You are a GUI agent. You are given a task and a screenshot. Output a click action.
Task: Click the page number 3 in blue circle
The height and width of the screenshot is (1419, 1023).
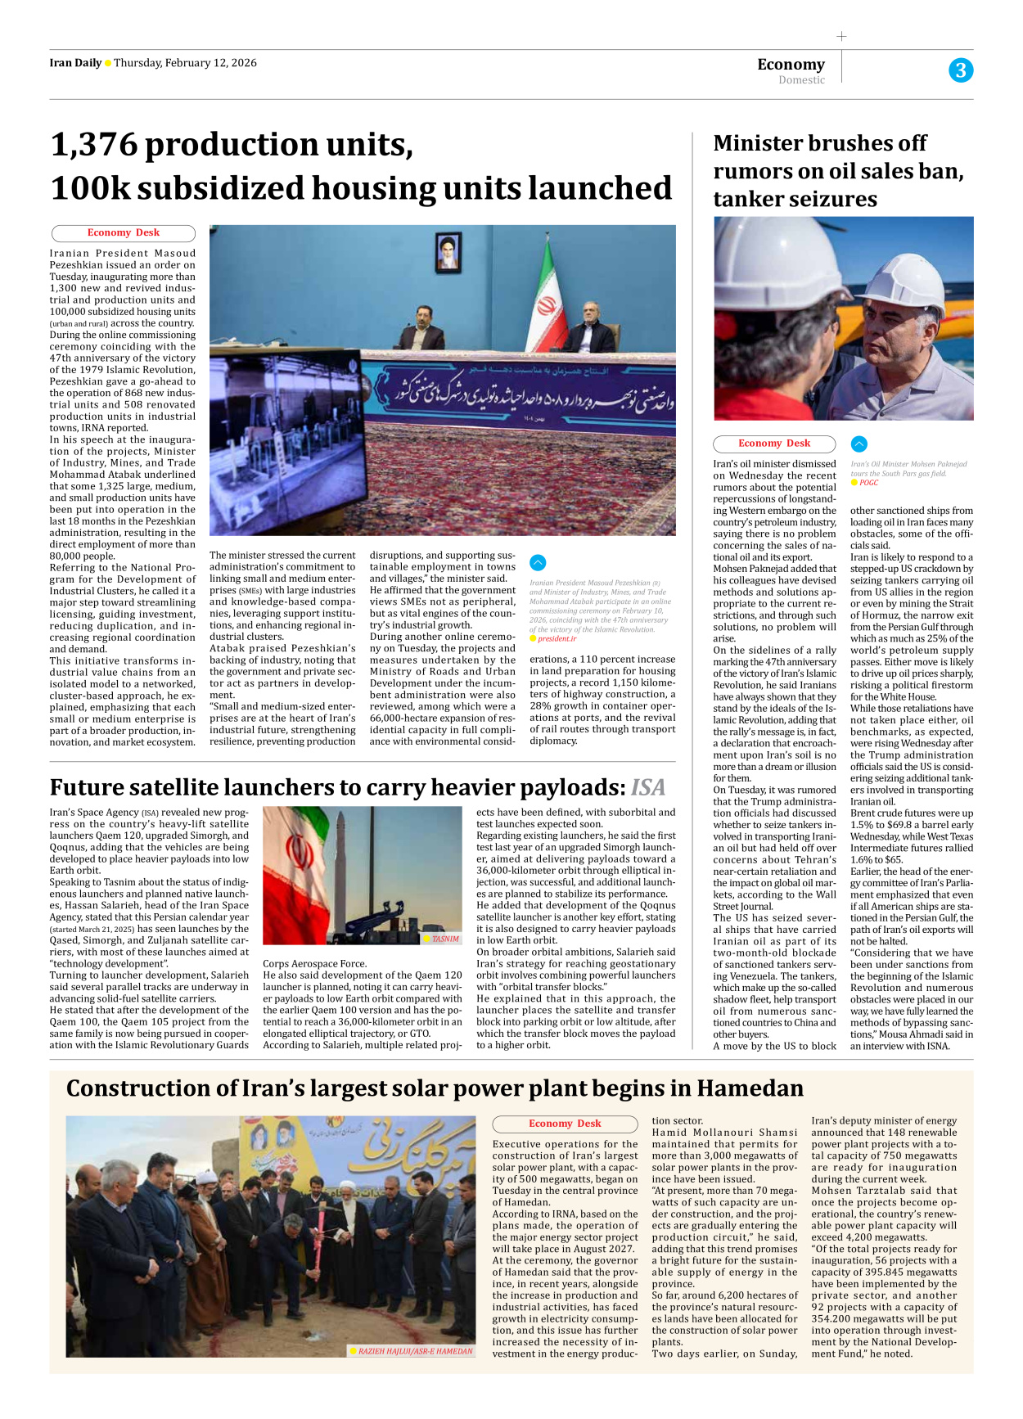click(x=961, y=70)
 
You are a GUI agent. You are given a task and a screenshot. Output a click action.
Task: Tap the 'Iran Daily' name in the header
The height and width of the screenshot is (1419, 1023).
click(x=75, y=63)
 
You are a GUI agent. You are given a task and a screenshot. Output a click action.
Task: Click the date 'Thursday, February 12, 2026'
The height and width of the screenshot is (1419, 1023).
click(x=185, y=63)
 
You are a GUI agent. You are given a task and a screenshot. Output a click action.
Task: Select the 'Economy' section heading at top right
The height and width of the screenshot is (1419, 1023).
click(x=791, y=64)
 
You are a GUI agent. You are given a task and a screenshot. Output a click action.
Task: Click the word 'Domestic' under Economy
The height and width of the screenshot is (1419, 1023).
click(x=801, y=80)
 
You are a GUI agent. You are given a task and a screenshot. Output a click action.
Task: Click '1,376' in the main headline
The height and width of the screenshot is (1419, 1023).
click(x=94, y=146)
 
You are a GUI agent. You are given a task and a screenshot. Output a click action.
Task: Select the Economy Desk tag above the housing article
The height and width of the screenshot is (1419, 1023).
click(x=124, y=233)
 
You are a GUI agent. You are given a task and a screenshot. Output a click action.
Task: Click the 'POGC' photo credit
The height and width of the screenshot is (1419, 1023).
click(x=868, y=483)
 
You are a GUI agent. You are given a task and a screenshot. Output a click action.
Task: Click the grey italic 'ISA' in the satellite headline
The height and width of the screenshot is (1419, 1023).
click(x=648, y=787)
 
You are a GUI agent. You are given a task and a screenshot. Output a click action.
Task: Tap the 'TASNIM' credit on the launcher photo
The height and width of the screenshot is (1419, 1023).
click(x=445, y=939)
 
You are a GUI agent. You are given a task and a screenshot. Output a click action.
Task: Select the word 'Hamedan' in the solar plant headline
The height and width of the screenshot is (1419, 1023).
click(x=750, y=1088)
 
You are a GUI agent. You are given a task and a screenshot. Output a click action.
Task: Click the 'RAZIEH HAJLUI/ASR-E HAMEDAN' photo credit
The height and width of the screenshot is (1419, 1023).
click(x=415, y=1351)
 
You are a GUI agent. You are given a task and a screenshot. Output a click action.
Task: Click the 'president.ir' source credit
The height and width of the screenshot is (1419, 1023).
click(x=557, y=638)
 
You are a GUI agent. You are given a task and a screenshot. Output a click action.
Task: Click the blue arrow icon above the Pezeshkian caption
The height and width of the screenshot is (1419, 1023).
click(x=538, y=562)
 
